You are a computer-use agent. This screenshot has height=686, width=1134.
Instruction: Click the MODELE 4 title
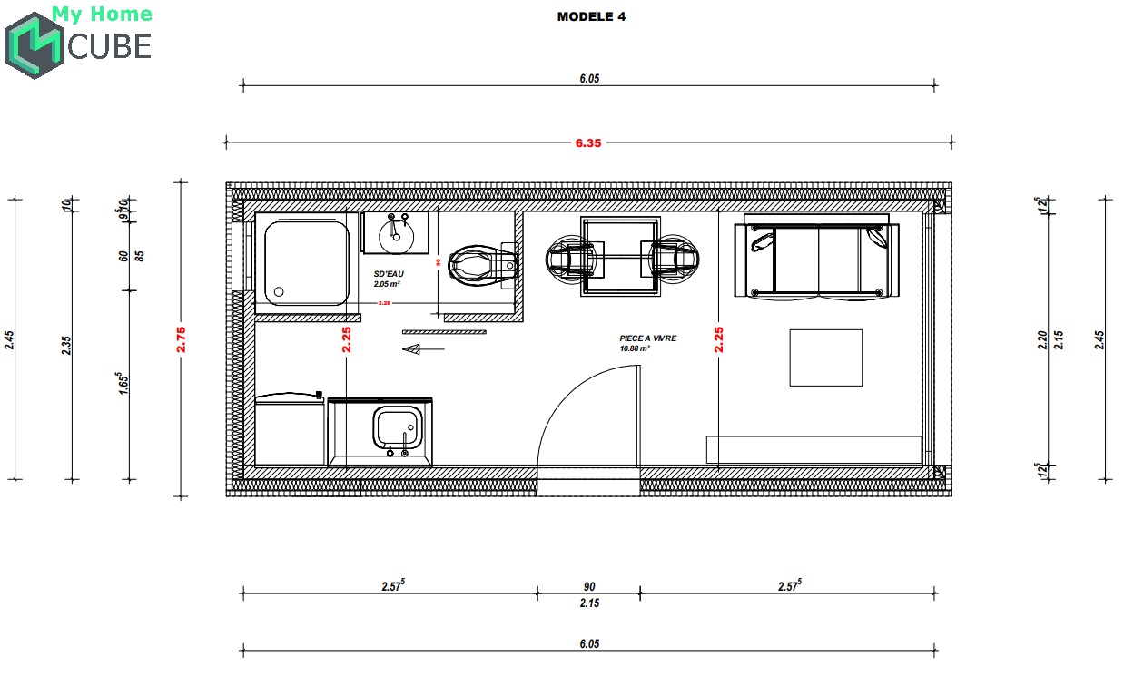pos(591,16)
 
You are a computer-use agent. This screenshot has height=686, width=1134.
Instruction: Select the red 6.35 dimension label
pos(587,142)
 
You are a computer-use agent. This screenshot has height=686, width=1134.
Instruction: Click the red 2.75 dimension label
pos(182,338)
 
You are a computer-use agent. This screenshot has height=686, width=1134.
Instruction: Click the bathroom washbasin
pos(396,233)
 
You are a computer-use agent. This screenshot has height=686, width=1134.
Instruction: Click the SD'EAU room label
pos(389,274)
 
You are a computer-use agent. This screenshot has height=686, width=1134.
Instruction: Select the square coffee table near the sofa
pos(825,358)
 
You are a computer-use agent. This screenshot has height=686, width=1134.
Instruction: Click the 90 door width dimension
pos(589,586)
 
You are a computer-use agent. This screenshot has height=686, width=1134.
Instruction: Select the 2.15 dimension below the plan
pos(589,603)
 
